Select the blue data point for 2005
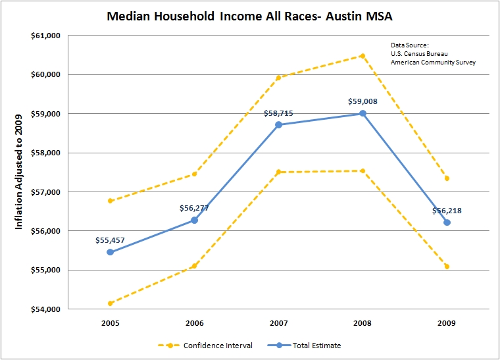pyautogui.click(x=110, y=252)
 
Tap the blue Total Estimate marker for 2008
pyautogui.click(x=362, y=113)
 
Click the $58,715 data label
pyautogui.click(x=279, y=113)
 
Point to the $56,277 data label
pyautogui.click(x=194, y=208)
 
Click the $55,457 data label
pyautogui.click(x=110, y=241)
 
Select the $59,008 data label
pyautogui.click(x=362, y=102)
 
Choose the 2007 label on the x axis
pyautogui.click(x=278, y=323)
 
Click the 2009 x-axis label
pyautogui.click(x=447, y=323)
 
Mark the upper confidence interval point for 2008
pyautogui.click(x=362, y=56)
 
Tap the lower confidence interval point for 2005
pyautogui.click(x=110, y=303)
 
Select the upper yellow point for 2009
pyautogui.click(x=447, y=178)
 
